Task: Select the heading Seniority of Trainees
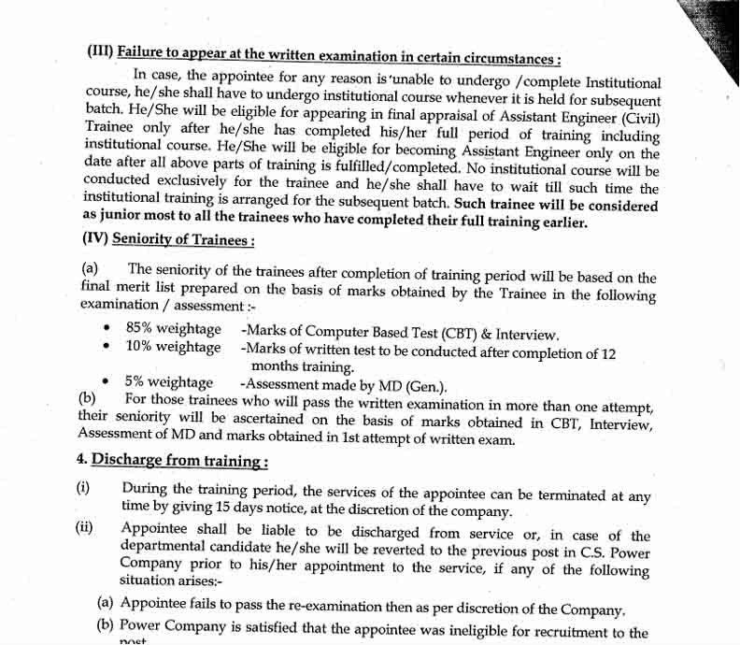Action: [183, 240]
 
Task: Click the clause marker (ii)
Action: [84, 527]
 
